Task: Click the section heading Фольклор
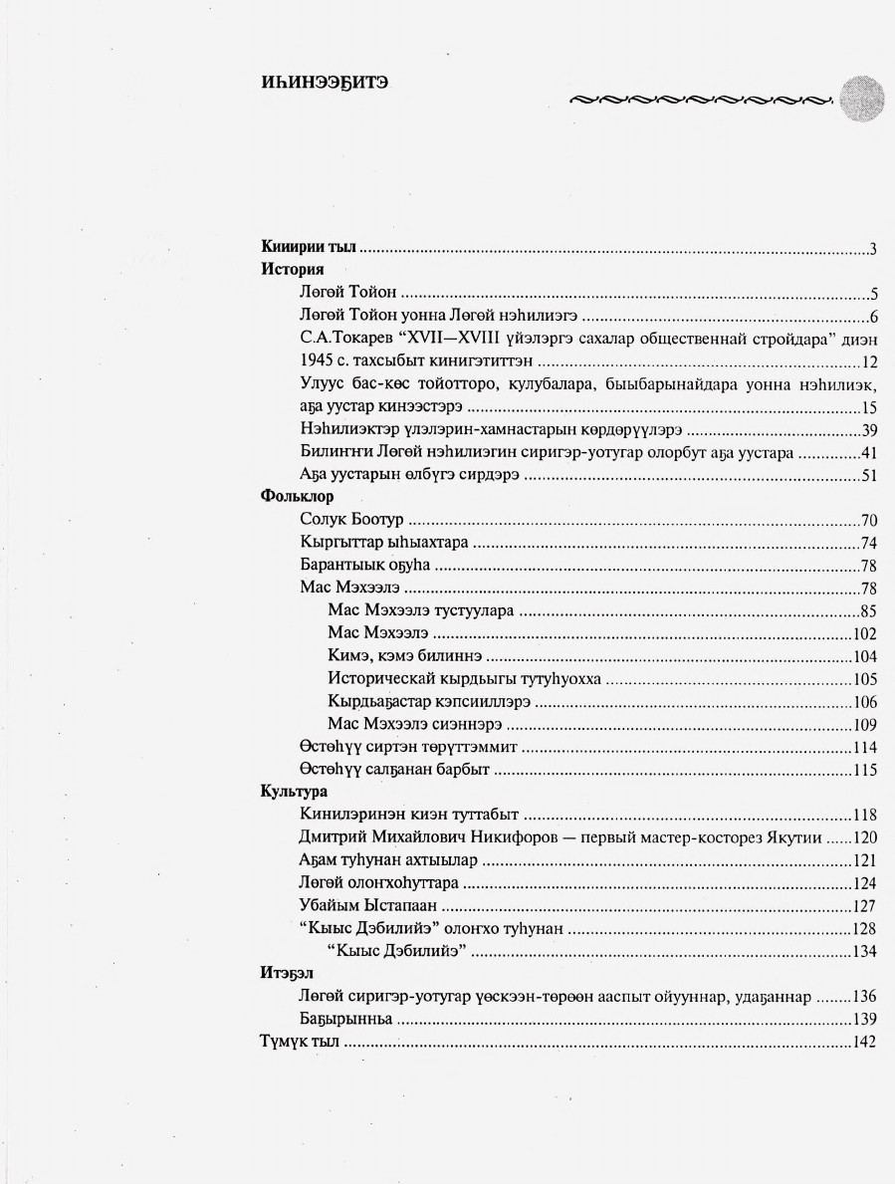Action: pyautogui.click(x=297, y=495)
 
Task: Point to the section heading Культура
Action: pyautogui.click(x=295, y=792)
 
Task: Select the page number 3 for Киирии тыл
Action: pyautogui.click(x=872, y=249)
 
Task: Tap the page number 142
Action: pyautogui.click(x=863, y=1042)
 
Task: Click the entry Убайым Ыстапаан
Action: pyautogui.click(x=368, y=906)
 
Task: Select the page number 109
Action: pyautogui.click(x=863, y=724)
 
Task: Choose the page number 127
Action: pyautogui.click(x=863, y=906)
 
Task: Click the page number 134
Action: pyautogui.click(x=863, y=951)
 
